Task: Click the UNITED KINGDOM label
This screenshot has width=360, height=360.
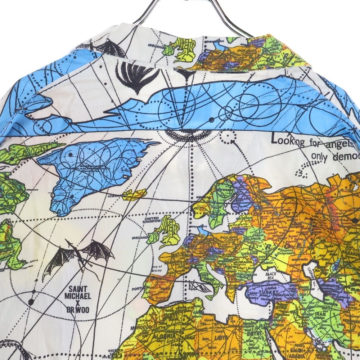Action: tap(152, 220)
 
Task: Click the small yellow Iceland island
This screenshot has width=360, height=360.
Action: tap(134, 195)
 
